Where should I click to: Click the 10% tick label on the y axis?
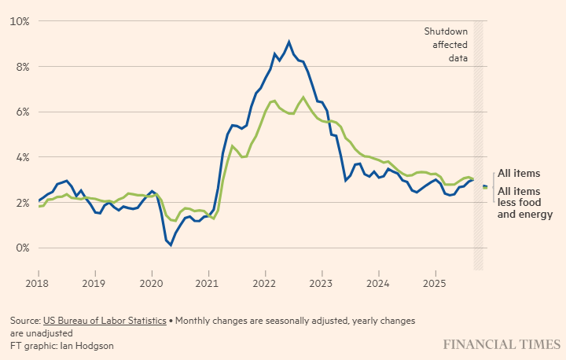tap(19, 20)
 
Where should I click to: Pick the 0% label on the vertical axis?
tap(21, 248)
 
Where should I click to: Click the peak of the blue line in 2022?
tap(289, 42)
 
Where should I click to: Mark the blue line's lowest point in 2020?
tap(171, 244)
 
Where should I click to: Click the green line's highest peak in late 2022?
tap(303, 97)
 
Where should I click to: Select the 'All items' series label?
tap(519, 173)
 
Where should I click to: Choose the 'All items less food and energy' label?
tap(525, 202)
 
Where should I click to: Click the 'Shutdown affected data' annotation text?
tap(446, 44)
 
